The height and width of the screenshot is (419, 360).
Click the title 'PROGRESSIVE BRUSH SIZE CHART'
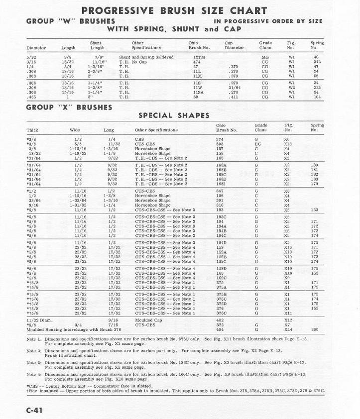click(174, 10)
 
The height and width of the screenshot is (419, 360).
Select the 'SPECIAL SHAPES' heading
click(174, 115)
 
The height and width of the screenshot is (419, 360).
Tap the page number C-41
click(37, 410)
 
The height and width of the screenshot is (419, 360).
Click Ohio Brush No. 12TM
click(199, 57)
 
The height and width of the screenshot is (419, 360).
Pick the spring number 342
click(316, 62)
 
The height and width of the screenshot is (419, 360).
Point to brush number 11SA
click(198, 92)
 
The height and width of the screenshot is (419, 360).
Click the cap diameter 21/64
click(233, 88)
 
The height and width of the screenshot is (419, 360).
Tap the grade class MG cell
click(265, 57)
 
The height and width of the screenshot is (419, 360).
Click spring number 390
click(314, 329)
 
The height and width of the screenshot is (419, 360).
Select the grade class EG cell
click(257, 144)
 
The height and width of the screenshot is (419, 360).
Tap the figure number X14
click(288, 329)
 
